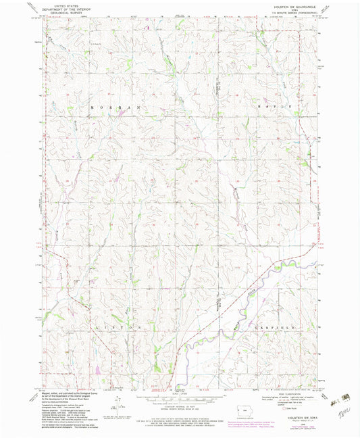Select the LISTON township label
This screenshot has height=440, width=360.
122,326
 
